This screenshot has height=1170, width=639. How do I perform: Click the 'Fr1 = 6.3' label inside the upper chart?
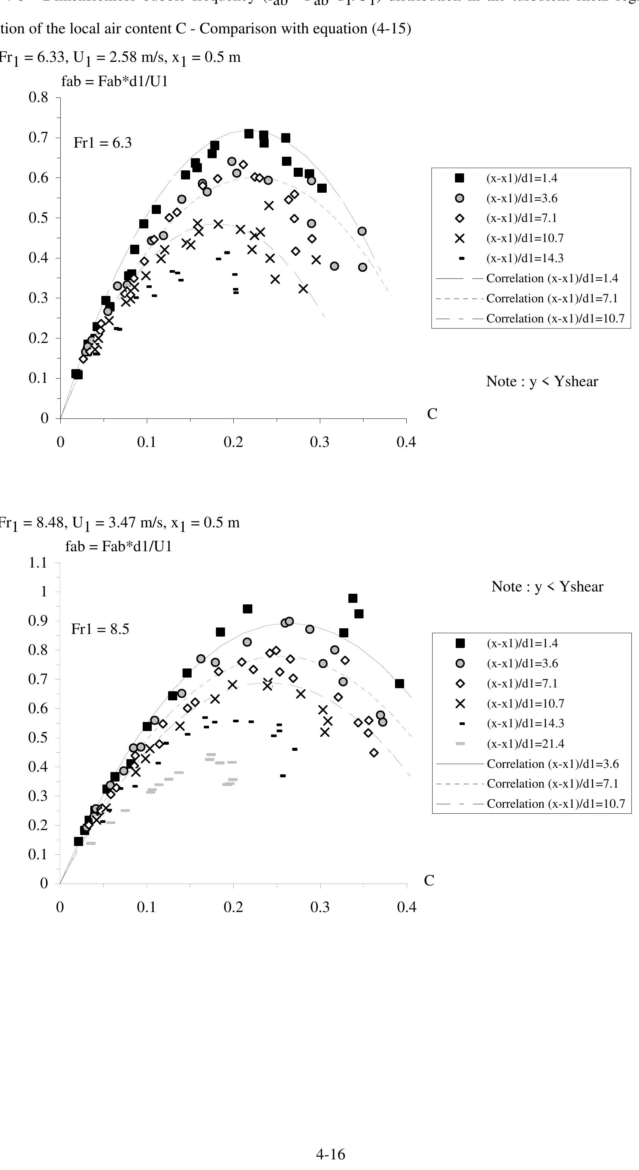coord(102,143)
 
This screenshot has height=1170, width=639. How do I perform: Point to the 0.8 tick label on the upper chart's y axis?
coord(38,97)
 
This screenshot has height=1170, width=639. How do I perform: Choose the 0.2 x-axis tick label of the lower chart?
coord(233,907)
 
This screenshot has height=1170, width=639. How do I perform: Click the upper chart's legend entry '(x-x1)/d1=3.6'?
coord(522,198)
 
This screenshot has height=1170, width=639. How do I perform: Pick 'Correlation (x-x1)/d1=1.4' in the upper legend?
coord(552,278)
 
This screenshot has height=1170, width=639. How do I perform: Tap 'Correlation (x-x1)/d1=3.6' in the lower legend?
coord(552,764)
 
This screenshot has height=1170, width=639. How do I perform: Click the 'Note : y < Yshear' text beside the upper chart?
coord(542,382)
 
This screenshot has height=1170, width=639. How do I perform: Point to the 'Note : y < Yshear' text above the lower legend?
coord(547,587)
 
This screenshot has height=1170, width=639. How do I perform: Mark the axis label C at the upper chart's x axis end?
coord(432,414)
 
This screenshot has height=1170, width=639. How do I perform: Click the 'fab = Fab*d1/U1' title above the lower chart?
coord(118,546)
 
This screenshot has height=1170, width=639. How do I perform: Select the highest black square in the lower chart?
coord(353,598)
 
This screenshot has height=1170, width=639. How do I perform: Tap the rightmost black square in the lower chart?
coord(400,684)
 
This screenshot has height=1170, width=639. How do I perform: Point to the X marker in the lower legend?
coord(460,703)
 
